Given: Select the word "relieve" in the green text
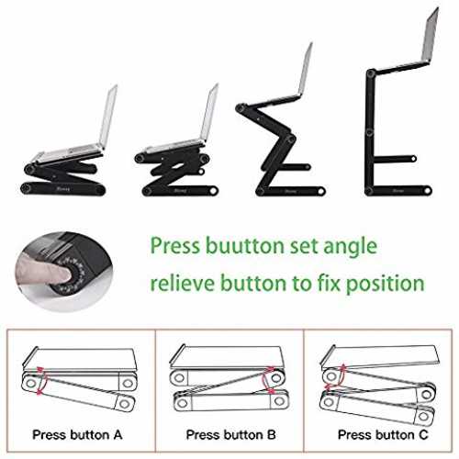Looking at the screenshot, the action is click(x=183, y=282).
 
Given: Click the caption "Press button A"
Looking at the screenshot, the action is click(x=77, y=434).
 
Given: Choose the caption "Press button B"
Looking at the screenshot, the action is click(x=230, y=434).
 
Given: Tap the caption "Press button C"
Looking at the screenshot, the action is click(x=383, y=434).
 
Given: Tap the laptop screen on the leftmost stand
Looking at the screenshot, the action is click(x=108, y=118).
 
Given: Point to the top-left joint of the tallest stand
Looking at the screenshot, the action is click(x=371, y=73).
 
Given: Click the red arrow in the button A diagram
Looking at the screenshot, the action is click(x=41, y=380).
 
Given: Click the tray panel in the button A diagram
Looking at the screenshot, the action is click(x=81, y=359).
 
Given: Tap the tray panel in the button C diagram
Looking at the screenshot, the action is click(x=379, y=355).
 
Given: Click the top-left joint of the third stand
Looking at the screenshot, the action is click(x=241, y=109).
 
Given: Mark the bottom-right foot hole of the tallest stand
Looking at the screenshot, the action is click(x=428, y=191).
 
